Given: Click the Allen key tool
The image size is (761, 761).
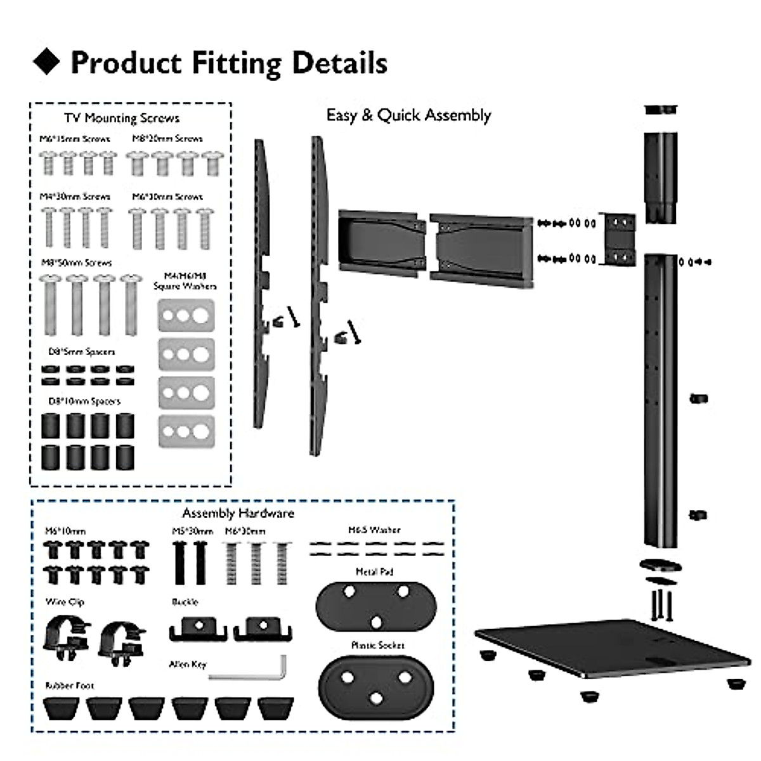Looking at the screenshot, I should click(247, 672).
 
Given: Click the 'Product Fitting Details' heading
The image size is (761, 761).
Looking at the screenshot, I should click(228, 63).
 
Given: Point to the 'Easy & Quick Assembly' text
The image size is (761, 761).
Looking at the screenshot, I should click(408, 115).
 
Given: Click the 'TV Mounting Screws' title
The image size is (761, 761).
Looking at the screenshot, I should click(122, 118).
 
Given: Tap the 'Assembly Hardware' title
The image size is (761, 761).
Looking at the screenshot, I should click(238, 513).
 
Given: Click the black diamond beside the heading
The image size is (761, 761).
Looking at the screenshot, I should click(46, 62).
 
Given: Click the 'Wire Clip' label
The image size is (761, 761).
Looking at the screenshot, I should click(65, 602).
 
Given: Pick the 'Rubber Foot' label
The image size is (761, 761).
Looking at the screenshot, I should click(69, 686).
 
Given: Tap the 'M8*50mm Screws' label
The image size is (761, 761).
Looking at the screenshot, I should click(76, 263).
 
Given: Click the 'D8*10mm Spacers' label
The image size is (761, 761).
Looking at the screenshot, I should click(84, 401).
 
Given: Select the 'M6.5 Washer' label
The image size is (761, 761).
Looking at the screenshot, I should click(374, 530).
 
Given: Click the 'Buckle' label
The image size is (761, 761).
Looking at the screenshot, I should click(185, 602).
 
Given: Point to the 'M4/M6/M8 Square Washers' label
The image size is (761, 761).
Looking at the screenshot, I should click(185, 281).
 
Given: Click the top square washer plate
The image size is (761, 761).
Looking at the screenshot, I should click(186, 315).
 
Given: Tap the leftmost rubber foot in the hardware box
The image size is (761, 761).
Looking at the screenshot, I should click(62, 708).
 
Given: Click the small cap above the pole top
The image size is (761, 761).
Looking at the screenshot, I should click(661, 110).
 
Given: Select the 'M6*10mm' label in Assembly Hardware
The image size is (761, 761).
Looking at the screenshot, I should click(65, 531).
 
